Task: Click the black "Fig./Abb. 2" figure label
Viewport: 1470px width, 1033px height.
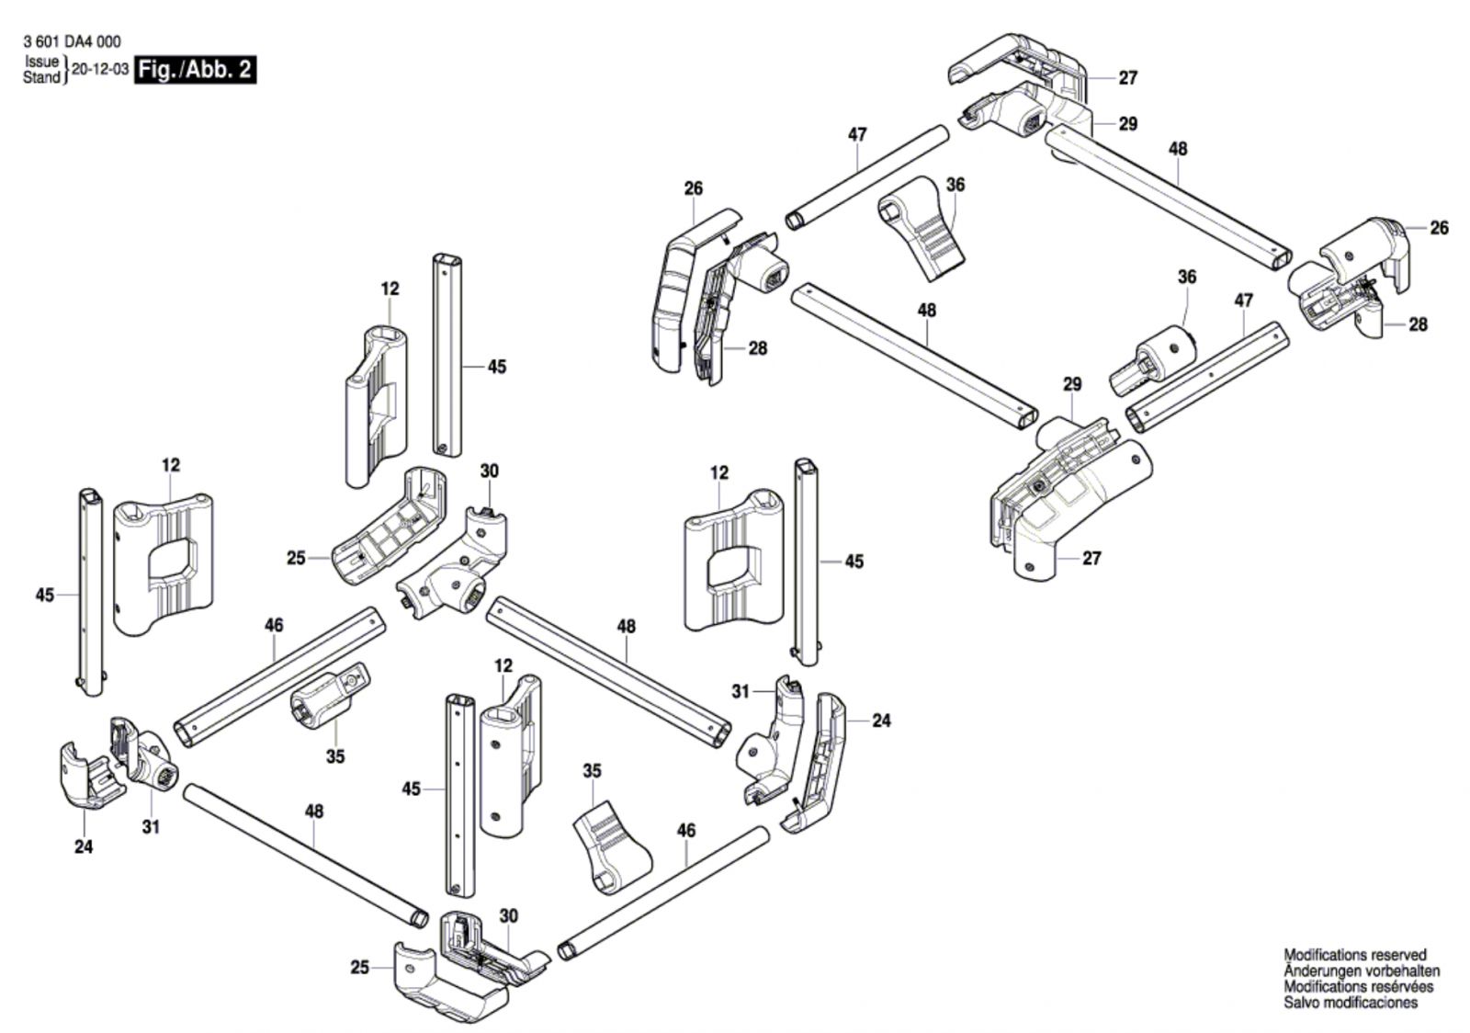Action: [195, 70]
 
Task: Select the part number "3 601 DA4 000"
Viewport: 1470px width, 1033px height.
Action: [73, 42]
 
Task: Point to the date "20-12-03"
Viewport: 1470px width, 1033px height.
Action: [100, 70]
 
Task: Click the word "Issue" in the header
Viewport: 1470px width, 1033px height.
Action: [42, 62]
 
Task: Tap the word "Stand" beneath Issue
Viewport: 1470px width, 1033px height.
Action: [41, 77]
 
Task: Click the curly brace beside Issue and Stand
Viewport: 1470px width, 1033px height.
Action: [65, 70]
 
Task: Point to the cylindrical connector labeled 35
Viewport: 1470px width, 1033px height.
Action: [330, 695]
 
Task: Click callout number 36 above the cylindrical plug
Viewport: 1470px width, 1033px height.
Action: [1186, 277]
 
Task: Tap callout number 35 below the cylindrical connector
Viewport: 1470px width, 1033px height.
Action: [335, 756]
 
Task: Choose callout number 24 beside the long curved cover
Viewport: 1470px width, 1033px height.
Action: [881, 721]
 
